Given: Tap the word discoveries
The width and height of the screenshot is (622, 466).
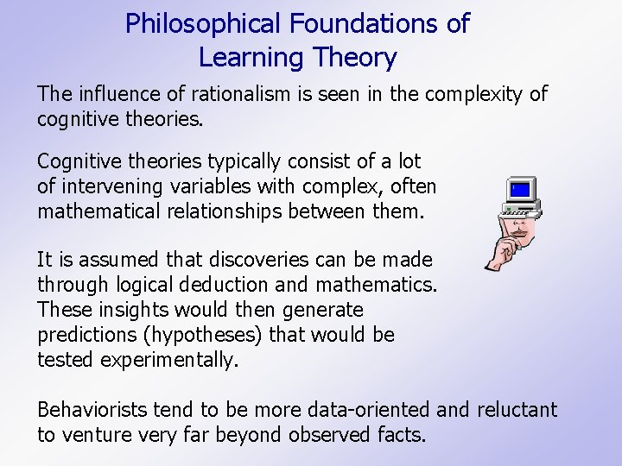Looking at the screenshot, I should [257, 260].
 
